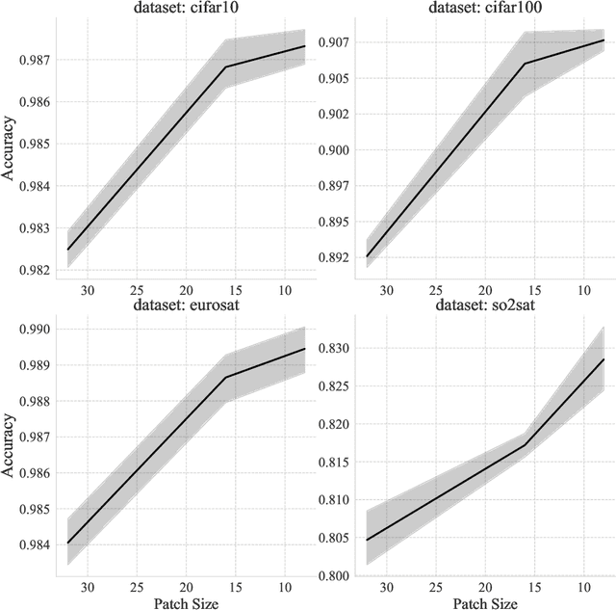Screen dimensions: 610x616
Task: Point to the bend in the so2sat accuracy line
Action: (525, 444)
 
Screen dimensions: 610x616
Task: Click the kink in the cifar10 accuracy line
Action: (225, 66)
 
